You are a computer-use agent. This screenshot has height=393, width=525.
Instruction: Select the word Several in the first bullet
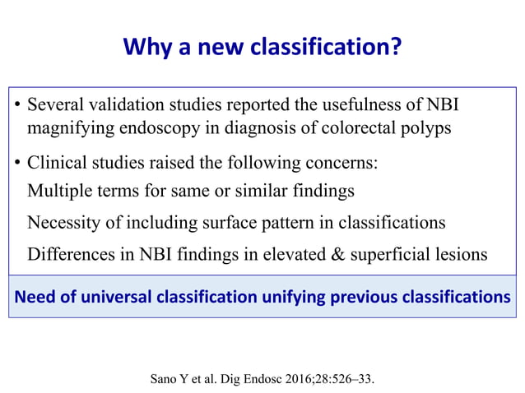[54, 106]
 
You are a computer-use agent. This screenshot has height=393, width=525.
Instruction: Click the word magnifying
[67, 128]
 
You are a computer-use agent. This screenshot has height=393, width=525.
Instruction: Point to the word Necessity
[63, 223]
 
